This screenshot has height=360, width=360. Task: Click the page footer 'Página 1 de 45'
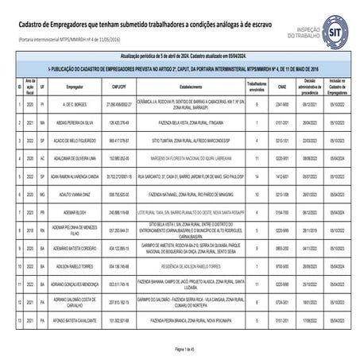point(180,350)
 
